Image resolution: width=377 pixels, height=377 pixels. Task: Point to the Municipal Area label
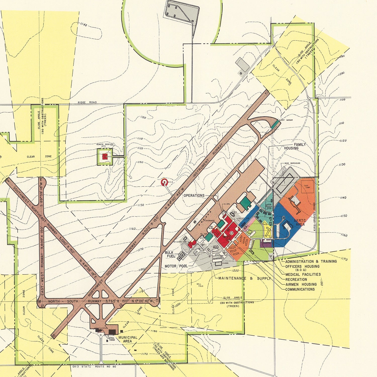128,339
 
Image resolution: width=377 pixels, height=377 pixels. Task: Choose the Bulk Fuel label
170,254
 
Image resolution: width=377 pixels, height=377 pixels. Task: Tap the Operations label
194,195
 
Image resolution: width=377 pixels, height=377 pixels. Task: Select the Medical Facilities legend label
303,274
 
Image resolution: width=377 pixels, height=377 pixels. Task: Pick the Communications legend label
300,289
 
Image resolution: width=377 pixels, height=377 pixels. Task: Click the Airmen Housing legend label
301,284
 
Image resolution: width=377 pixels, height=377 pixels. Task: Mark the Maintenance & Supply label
245,278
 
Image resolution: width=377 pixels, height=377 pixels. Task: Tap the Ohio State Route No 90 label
94,367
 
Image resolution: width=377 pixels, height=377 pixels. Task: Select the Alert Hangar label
286,120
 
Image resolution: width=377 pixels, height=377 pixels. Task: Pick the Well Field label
200,285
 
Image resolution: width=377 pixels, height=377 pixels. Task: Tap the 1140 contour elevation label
83,25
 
